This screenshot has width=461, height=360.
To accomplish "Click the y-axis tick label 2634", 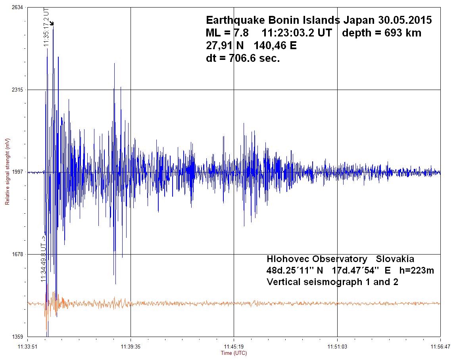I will tap(17, 7).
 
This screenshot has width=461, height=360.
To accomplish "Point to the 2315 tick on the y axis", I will tap(17, 90).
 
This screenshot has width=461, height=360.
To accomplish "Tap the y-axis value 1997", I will tap(17, 172).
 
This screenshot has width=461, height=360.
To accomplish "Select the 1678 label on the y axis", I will tap(17, 254).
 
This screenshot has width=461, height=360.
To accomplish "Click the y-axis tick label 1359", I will tap(17, 337).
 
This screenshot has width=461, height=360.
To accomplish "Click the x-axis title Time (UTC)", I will tap(234, 353).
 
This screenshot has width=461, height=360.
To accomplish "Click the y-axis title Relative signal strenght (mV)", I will tap(7, 172).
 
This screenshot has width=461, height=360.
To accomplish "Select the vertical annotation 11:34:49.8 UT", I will tap(43, 259).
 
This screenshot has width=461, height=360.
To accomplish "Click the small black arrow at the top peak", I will tap(52, 24).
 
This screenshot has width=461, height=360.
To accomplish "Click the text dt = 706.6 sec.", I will tap(243, 58).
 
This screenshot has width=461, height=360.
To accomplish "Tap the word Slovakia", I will tap(395, 259).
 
